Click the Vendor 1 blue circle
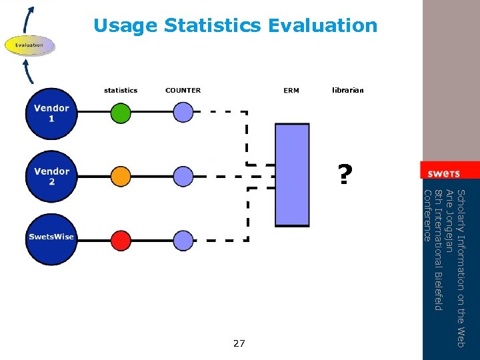click(x=52, y=113)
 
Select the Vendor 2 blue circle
click(x=52, y=177)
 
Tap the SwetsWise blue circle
click(x=51, y=237)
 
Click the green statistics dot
click(x=121, y=113)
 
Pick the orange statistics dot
click(x=121, y=176)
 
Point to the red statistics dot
click(x=121, y=238)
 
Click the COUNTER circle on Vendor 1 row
click(x=183, y=113)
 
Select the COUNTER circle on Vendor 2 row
click(x=183, y=176)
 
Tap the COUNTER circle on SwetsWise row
click(x=183, y=238)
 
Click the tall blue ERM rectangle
click(x=292, y=175)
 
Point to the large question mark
click(x=344, y=175)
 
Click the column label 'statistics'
click(x=121, y=90)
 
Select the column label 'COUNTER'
click(x=183, y=90)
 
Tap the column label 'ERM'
click(x=291, y=90)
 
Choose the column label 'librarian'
click(x=348, y=90)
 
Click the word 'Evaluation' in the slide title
click(x=323, y=26)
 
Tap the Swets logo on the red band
click(x=443, y=173)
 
